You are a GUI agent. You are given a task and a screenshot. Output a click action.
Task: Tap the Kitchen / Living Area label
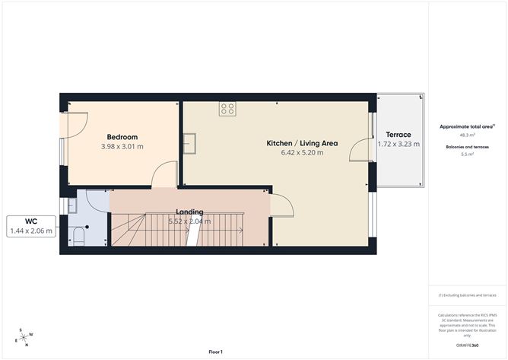point(302,143)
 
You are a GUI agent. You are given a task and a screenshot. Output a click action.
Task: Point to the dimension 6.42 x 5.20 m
point(302,153)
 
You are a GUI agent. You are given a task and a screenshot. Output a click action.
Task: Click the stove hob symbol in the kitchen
point(227,109)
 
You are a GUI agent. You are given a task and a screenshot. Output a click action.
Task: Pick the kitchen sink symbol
point(190,143)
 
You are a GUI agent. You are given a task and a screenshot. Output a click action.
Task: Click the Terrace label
point(398,135)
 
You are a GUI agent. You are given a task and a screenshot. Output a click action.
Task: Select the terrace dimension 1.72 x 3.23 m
point(398,144)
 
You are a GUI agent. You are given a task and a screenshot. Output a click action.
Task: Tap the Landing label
point(189,212)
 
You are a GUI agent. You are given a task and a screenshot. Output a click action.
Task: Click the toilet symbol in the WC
point(78,236)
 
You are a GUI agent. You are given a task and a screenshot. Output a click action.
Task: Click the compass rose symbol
point(24,336)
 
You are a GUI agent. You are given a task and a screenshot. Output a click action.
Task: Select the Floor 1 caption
point(216,352)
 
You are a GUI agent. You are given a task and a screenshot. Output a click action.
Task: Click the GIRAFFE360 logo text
point(467,346)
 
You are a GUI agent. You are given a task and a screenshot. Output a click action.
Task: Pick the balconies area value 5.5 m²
point(468,154)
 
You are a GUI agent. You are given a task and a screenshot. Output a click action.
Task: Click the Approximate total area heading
point(466,126)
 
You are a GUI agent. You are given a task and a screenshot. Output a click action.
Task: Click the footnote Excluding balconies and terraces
point(468,295)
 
